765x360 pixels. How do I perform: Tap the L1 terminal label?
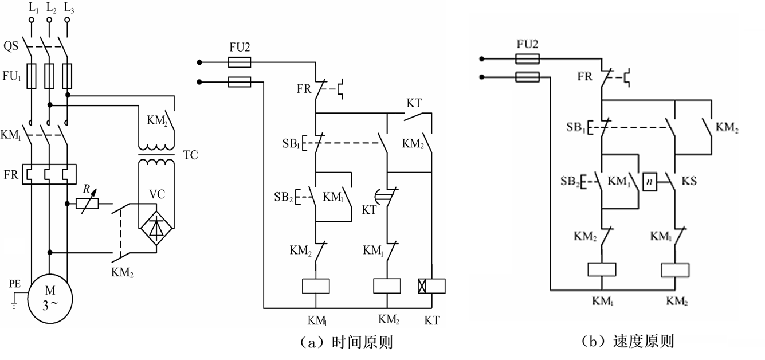[x=33, y=8]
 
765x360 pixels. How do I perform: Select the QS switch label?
[x=10, y=46]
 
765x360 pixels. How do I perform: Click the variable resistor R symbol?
[x=88, y=204]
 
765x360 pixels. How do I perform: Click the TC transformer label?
[x=191, y=155]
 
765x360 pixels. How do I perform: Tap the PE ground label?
[x=15, y=284]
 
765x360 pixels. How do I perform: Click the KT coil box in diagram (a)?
[x=431, y=286]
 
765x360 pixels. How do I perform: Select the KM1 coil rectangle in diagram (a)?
[x=316, y=286]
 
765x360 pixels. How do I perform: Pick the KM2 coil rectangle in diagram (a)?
[x=387, y=286]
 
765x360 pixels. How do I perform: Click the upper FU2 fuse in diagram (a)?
[x=240, y=62]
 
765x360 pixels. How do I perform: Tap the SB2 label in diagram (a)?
[x=284, y=197]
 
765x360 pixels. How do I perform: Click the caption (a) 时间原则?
[x=346, y=342]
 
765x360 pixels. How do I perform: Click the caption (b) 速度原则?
[x=628, y=342]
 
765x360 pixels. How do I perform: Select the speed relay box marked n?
[x=650, y=182]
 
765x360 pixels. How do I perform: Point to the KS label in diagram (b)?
[x=689, y=181]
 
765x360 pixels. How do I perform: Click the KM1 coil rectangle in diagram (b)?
[x=602, y=269]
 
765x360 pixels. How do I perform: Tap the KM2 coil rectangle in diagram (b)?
[x=675, y=270]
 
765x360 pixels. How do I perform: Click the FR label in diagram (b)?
[x=584, y=76]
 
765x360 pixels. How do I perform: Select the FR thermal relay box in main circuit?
[x=49, y=174]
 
